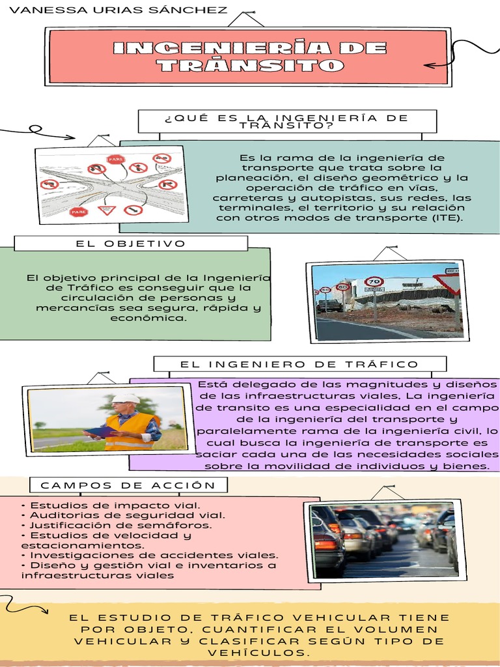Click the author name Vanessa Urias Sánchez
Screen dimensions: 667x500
120,10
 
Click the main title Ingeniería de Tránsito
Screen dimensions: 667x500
249,57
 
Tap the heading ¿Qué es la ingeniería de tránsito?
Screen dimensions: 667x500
286,121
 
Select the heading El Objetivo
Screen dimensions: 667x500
131,244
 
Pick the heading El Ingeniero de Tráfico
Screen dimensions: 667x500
299,364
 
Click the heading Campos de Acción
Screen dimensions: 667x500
128,485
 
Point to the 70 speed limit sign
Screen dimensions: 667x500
374,282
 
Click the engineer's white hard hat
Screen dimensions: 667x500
125,398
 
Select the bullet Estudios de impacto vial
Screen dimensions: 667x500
111,505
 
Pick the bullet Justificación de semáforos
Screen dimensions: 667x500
117,525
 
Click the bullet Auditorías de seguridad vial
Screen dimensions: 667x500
123,515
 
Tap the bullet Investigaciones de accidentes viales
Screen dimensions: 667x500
150,556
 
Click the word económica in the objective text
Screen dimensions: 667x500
148,319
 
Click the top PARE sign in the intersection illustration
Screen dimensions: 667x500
116,159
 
